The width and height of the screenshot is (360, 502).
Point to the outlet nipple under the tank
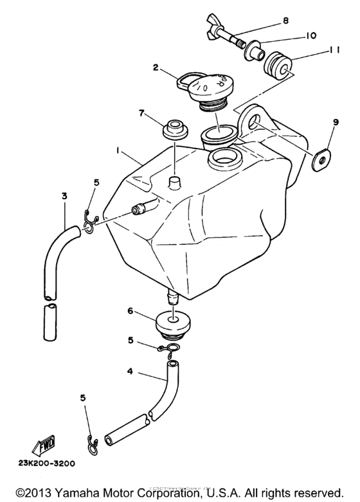(x=172, y=298)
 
